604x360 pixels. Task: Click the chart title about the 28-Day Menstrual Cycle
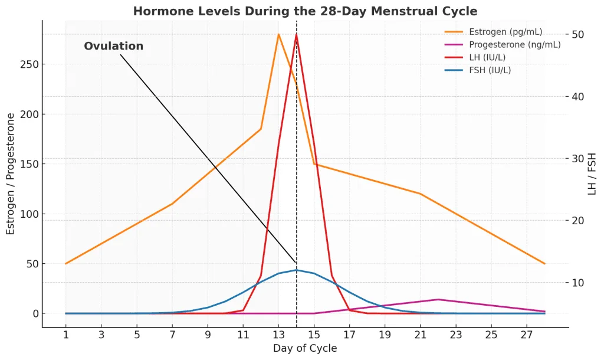(x=305, y=11)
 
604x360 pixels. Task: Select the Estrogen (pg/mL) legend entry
(x=505, y=32)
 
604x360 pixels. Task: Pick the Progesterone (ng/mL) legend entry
(x=514, y=45)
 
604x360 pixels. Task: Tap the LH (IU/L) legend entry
(x=495, y=57)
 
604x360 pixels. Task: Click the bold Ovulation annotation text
(x=113, y=46)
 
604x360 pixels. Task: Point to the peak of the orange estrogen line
(x=278, y=34)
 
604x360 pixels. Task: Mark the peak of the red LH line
(x=296, y=34)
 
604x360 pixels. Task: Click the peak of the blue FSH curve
(x=296, y=270)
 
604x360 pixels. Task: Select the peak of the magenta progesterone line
(x=438, y=299)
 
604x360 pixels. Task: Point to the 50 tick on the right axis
(x=577, y=34)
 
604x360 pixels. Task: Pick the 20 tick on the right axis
(x=577, y=221)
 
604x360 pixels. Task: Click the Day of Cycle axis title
(x=305, y=349)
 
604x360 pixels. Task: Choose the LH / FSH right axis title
(x=592, y=174)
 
